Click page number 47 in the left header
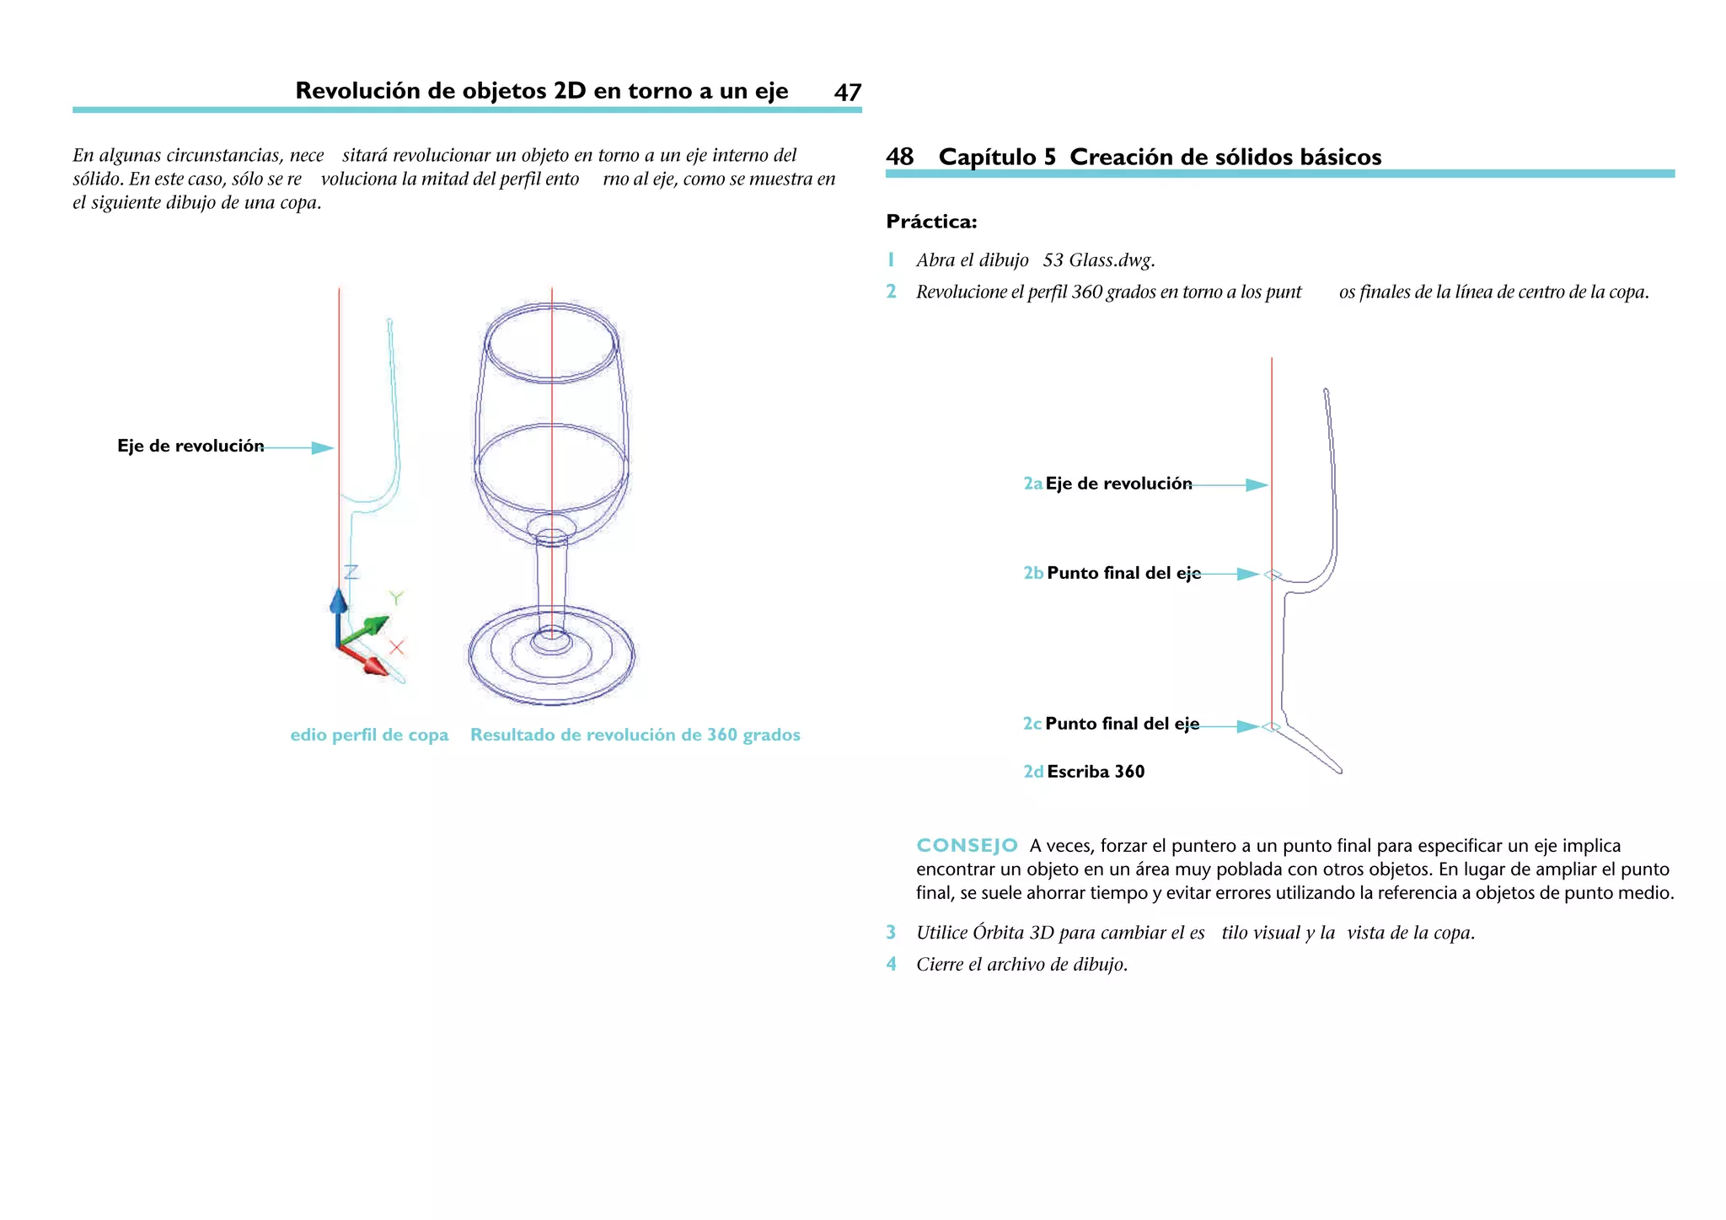pos(847,93)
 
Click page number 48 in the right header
pos(899,157)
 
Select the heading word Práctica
pos(931,222)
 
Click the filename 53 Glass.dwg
pos(1098,260)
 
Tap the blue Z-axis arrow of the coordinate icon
pos(339,602)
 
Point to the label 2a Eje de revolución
pos(1107,484)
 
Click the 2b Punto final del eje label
pos(1112,574)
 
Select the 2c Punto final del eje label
pos(1111,725)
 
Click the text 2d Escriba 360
pos(1084,772)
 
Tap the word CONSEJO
pos(967,846)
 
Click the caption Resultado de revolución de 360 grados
pos(635,735)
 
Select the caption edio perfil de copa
pos(369,735)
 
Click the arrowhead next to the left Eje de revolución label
pos(323,448)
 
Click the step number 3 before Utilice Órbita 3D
pos(891,933)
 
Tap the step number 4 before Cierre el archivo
pos(891,964)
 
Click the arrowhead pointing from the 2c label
pos(1248,726)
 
